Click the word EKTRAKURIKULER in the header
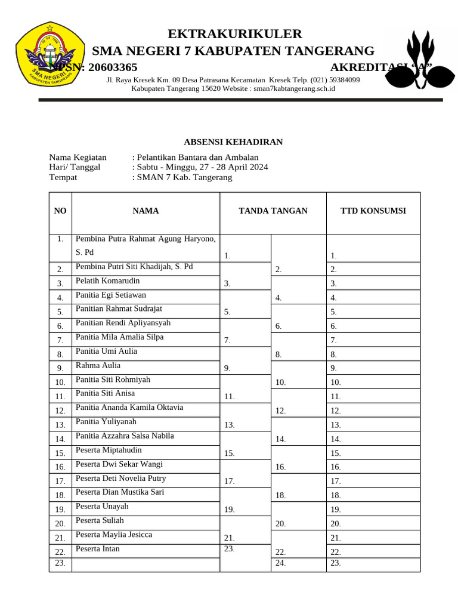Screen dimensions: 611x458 point(235,33)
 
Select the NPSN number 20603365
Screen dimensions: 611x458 point(113,67)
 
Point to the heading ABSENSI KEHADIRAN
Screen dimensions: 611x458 point(233,141)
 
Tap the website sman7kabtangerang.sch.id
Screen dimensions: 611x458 point(295,88)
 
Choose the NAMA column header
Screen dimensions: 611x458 point(146,211)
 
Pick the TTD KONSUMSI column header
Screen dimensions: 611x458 point(373,211)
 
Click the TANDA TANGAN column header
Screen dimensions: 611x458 point(273,211)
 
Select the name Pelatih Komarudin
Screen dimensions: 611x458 point(108,280)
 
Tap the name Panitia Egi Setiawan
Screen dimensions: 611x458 point(110,295)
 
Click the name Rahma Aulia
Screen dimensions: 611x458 point(98,365)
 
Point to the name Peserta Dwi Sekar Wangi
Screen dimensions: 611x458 point(119,464)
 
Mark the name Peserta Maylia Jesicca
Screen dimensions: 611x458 point(114,534)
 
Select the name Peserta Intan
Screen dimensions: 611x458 point(98,548)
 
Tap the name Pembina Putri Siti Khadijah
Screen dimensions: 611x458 point(134,266)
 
